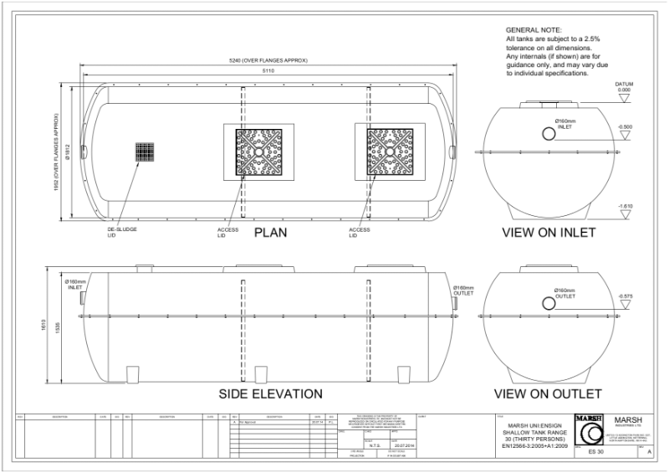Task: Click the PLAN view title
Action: point(271,232)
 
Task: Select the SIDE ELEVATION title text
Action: point(270,393)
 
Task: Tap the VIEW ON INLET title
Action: point(548,232)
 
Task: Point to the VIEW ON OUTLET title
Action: point(548,393)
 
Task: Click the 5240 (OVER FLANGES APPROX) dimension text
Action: point(268,62)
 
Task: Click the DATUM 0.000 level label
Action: point(624,88)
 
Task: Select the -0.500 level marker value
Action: point(624,126)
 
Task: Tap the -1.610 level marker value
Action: point(624,205)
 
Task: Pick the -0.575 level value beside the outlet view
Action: point(624,296)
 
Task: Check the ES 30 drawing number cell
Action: point(595,452)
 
